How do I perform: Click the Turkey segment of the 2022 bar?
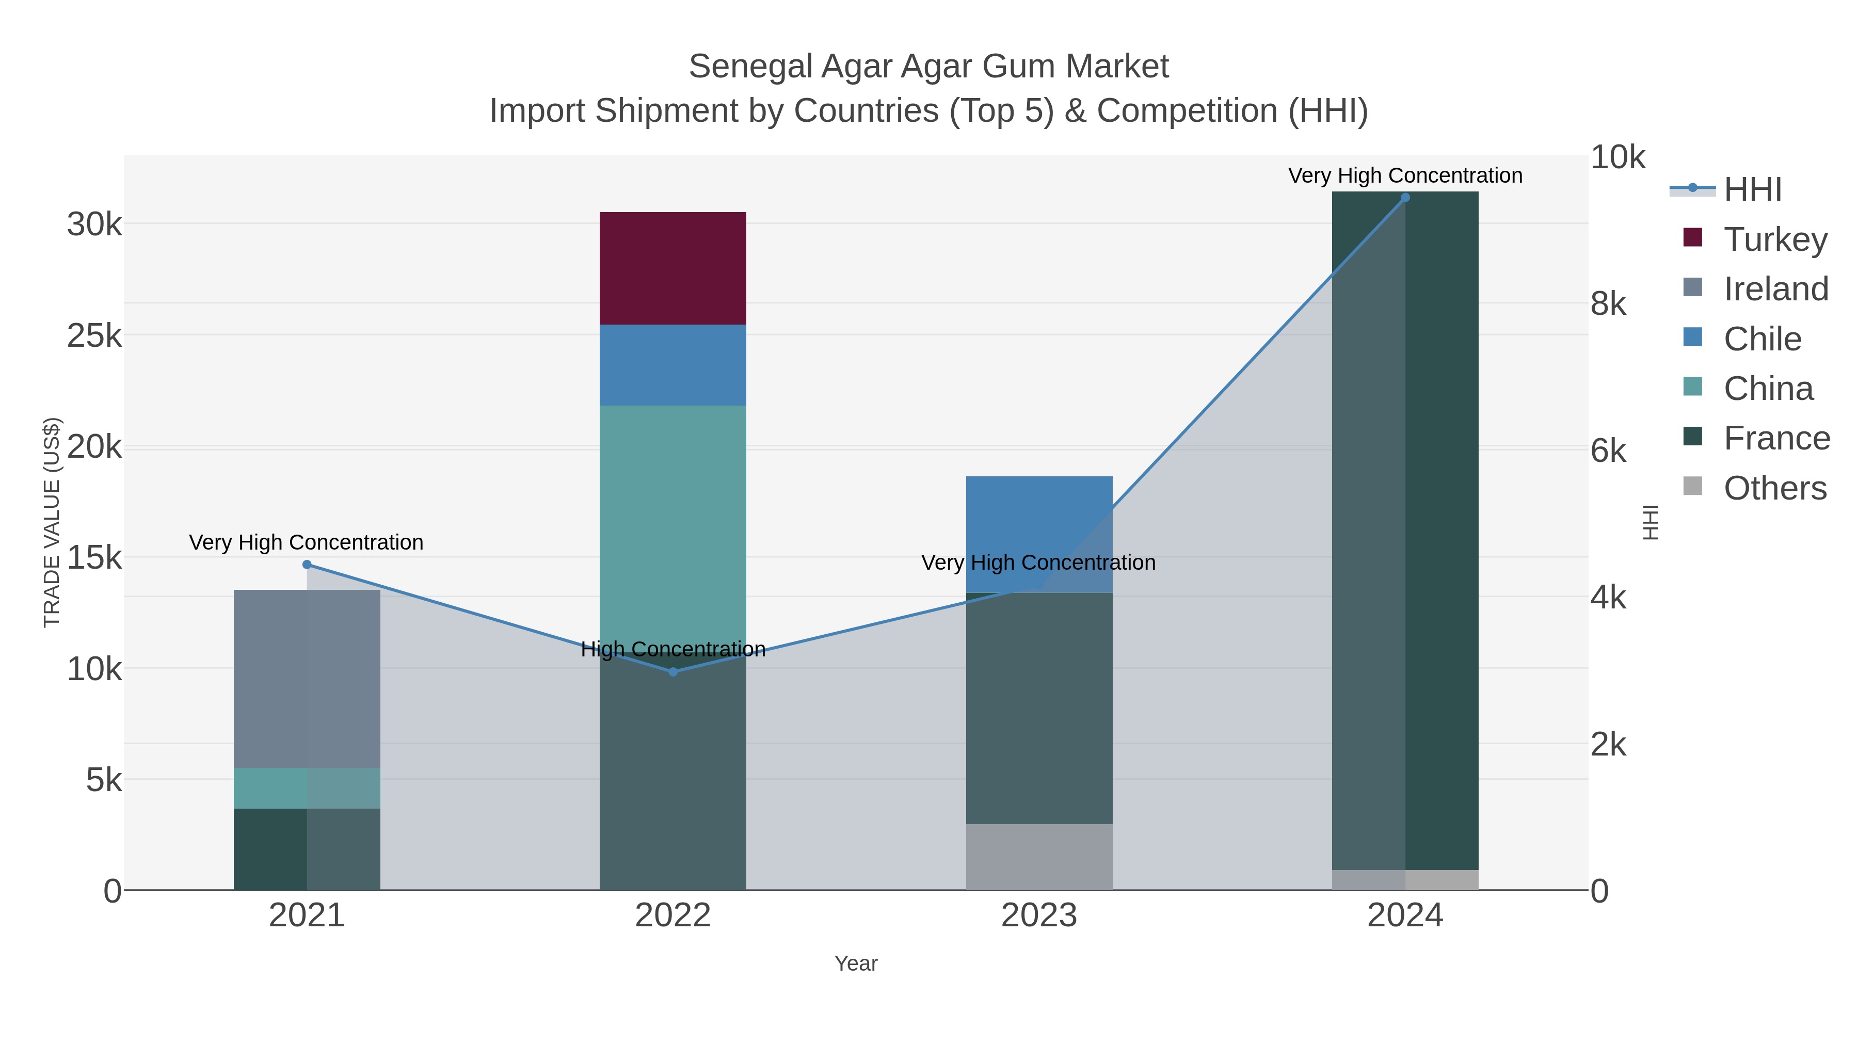click(672, 268)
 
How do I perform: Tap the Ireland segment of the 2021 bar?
click(307, 678)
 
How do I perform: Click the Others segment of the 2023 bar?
click(1038, 856)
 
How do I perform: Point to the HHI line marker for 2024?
click(1404, 198)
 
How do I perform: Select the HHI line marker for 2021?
click(307, 565)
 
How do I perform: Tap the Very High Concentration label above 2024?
click(1404, 175)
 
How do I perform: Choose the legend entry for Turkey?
click(1775, 239)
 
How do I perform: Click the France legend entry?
click(1776, 438)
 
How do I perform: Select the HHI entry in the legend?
click(1752, 190)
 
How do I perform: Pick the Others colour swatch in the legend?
click(1692, 487)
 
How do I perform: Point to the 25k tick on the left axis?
click(94, 335)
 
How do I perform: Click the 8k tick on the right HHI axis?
click(1608, 304)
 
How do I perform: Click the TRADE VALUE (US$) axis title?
click(52, 522)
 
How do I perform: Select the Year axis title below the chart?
click(855, 963)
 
